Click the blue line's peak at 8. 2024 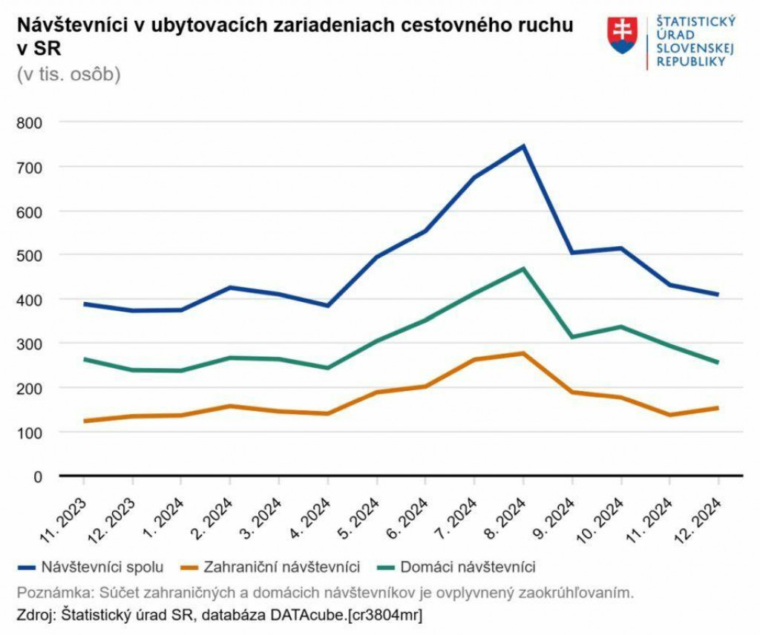523,146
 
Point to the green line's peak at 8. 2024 523,269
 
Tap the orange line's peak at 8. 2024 523,353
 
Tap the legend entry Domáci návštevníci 468,567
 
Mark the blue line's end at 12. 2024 718,295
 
